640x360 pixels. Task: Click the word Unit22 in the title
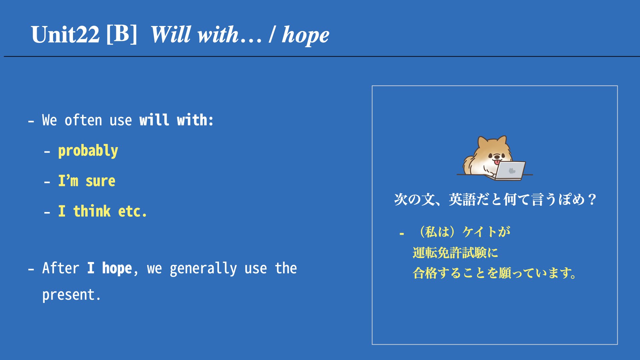tap(65, 35)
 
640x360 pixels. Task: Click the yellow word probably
tap(88, 151)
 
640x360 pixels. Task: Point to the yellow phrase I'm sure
tap(87, 181)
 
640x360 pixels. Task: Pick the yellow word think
tap(92, 211)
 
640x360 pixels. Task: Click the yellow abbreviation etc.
tap(132, 212)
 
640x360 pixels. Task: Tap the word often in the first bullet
tap(83, 120)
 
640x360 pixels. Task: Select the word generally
tap(203, 269)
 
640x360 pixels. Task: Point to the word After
tap(61, 268)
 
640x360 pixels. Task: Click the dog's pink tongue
tap(497, 162)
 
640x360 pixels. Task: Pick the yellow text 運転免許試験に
tap(455, 253)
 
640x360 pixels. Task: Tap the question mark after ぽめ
tap(592, 199)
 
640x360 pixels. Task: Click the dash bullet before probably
tap(47, 152)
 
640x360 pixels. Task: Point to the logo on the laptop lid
tap(512, 171)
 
